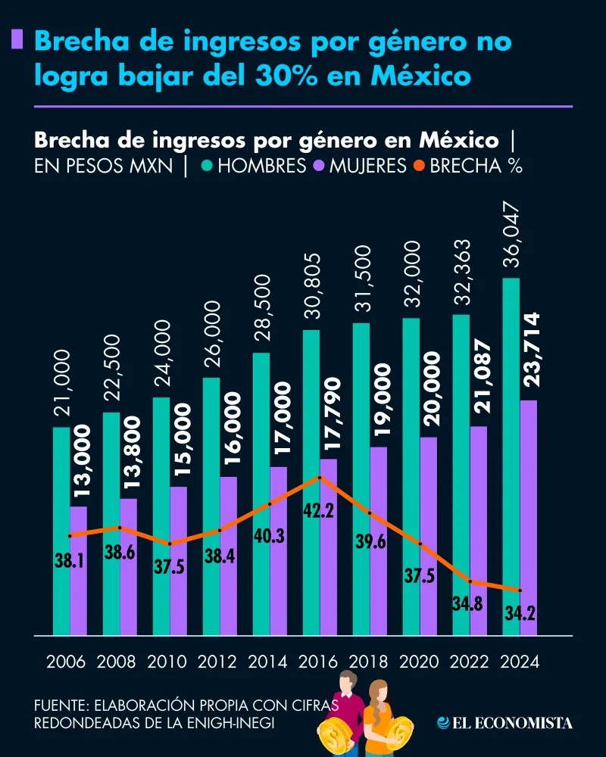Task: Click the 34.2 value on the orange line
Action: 520,613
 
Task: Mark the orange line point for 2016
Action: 320,477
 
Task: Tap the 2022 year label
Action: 469,662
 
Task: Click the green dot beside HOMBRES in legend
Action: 206,165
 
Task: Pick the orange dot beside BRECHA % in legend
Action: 418,165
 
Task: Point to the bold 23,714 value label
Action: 528,352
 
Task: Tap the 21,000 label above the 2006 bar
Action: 61,383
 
